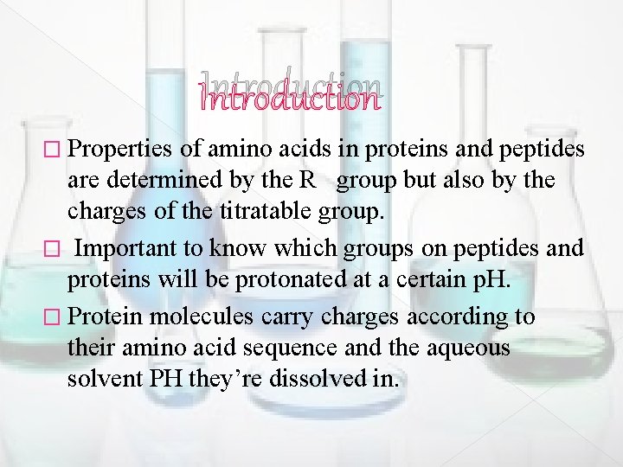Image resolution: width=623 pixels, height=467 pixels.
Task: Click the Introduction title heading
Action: tap(289, 93)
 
